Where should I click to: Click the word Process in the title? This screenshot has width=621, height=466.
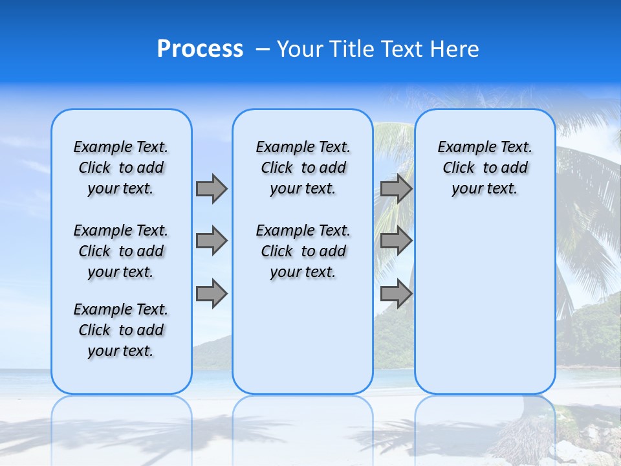(x=200, y=49)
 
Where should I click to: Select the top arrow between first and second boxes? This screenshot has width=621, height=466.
(x=211, y=188)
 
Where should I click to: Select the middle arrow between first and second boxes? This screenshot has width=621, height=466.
(x=211, y=241)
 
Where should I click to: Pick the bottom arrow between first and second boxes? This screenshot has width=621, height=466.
(x=211, y=294)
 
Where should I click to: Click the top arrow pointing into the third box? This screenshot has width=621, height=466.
(x=396, y=188)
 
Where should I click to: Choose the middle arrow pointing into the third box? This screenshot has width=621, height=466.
(x=396, y=241)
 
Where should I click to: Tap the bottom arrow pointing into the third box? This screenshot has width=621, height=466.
(x=396, y=294)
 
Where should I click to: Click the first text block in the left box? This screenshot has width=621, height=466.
(x=121, y=168)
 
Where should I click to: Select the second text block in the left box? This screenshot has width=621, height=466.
(x=121, y=251)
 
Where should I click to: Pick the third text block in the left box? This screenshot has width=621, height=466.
(x=121, y=330)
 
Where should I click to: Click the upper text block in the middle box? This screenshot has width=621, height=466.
(x=303, y=168)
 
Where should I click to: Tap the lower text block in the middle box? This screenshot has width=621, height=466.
(x=303, y=251)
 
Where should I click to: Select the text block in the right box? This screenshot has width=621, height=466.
(x=485, y=168)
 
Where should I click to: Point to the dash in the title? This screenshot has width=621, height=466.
(x=263, y=49)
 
